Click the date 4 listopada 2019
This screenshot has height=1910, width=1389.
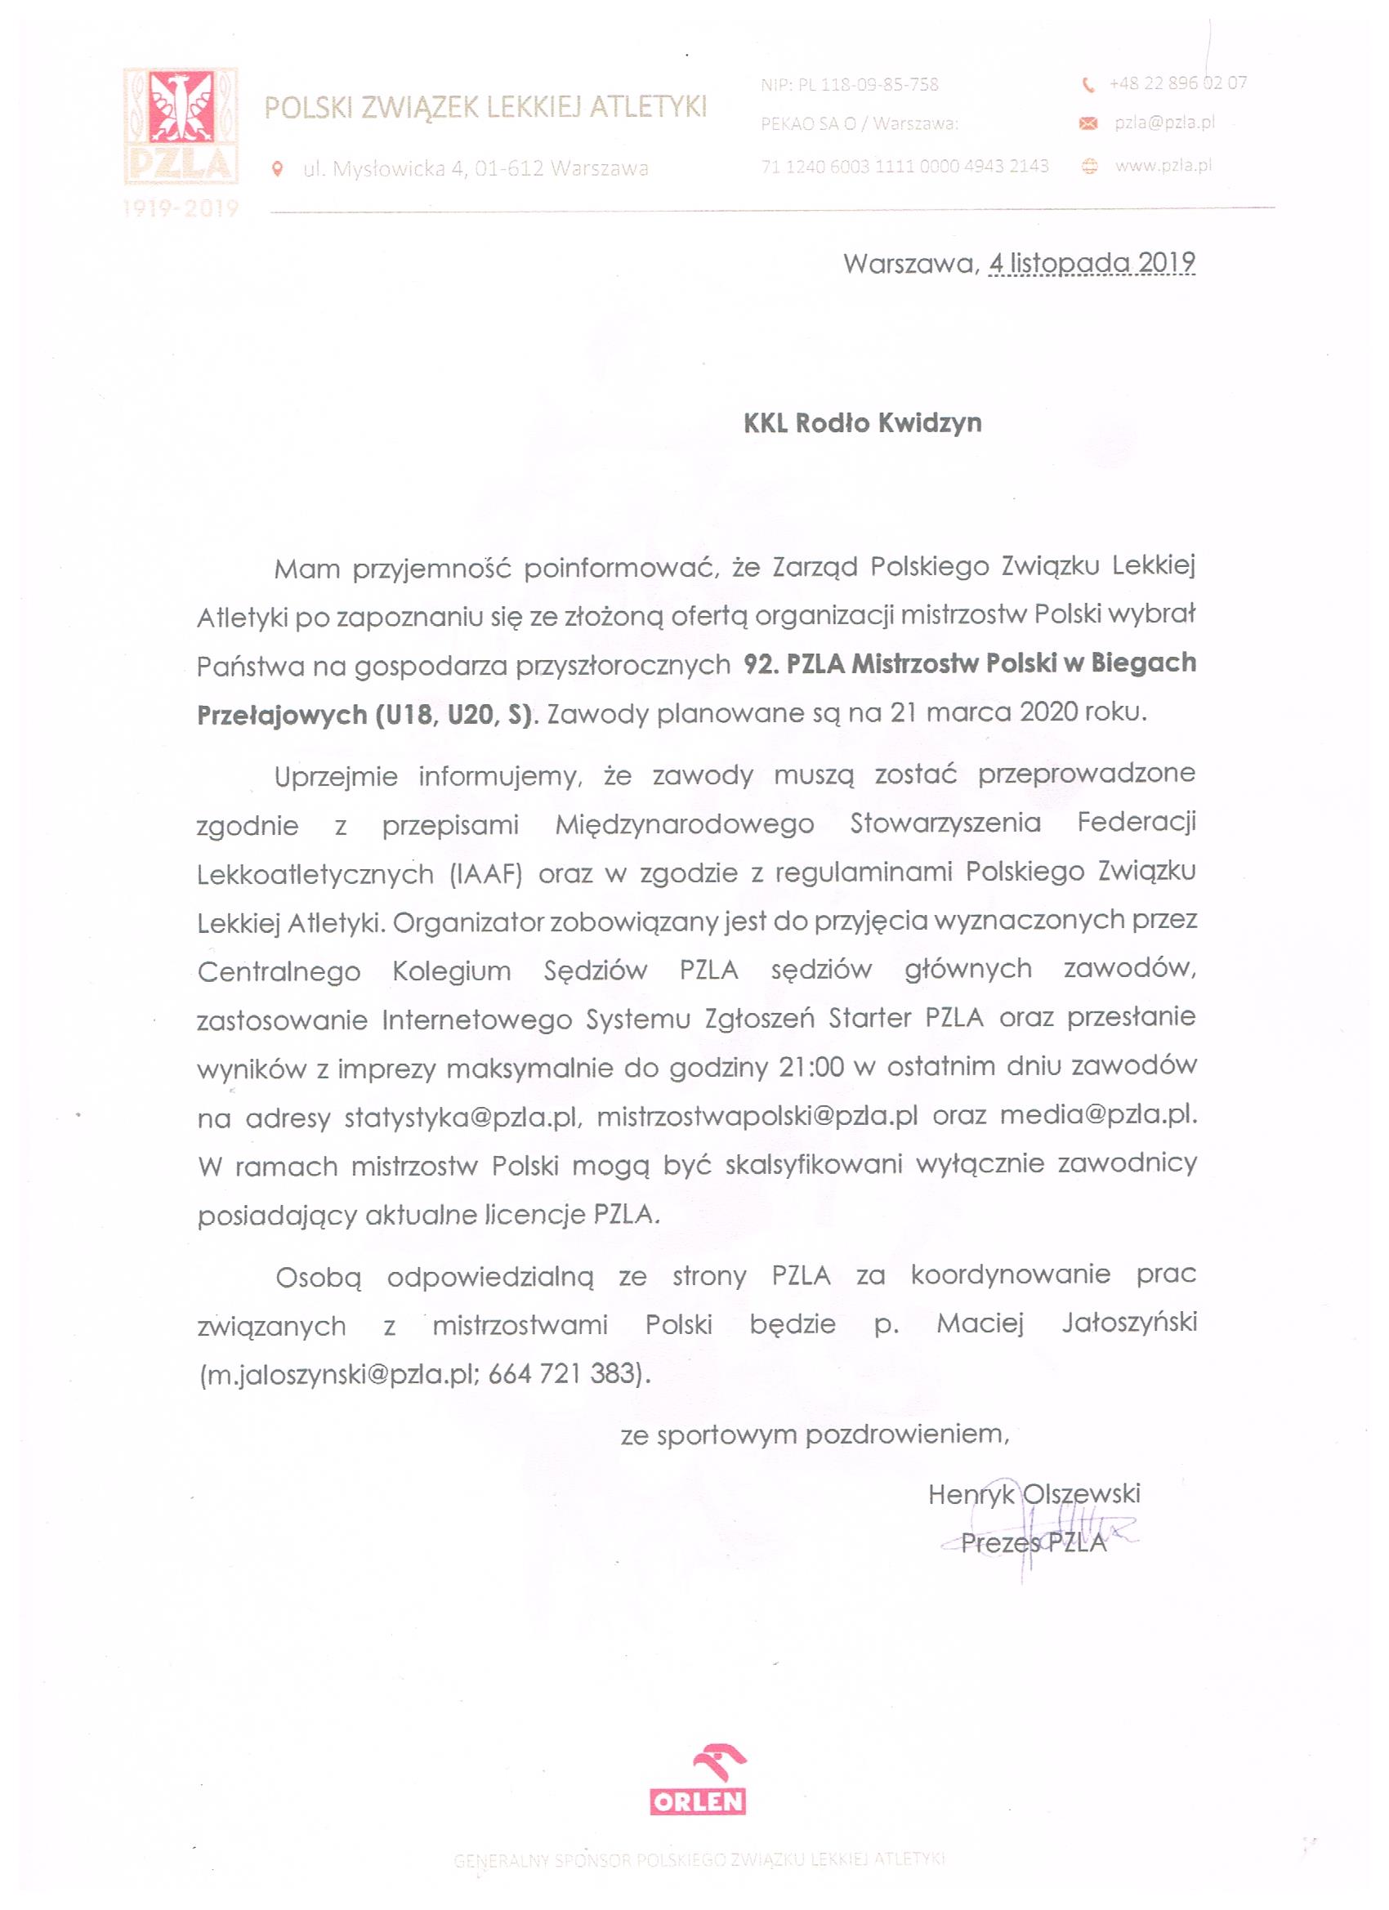pyautogui.click(x=1092, y=263)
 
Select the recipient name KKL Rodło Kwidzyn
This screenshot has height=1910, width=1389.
pyautogui.click(x=862, y=422)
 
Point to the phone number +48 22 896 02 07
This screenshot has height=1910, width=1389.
pyautogui.click(x=1177, y=83)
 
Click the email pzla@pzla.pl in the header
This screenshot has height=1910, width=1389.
pyautogui.click(x=1164, y=123)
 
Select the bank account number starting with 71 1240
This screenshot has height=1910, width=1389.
pyautogui.click(x=904, y=166)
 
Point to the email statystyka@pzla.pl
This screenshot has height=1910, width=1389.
pyautogui.click(x=462, y=1118)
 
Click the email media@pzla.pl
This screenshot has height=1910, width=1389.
pyautogui.click(x=1096, y=1115)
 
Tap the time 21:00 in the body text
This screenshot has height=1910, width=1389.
pyautogui.click(x=811, y=1067)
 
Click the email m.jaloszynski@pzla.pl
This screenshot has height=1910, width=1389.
pyautogui.click(x=339, y=1374)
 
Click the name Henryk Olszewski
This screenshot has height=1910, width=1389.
pyautogui.click(x=1034, y=1494)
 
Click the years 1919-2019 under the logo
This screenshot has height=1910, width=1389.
pyautogui.click(x=181, y=208)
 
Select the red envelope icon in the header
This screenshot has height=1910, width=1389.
pyautogui.click(x=1088, y=125)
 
